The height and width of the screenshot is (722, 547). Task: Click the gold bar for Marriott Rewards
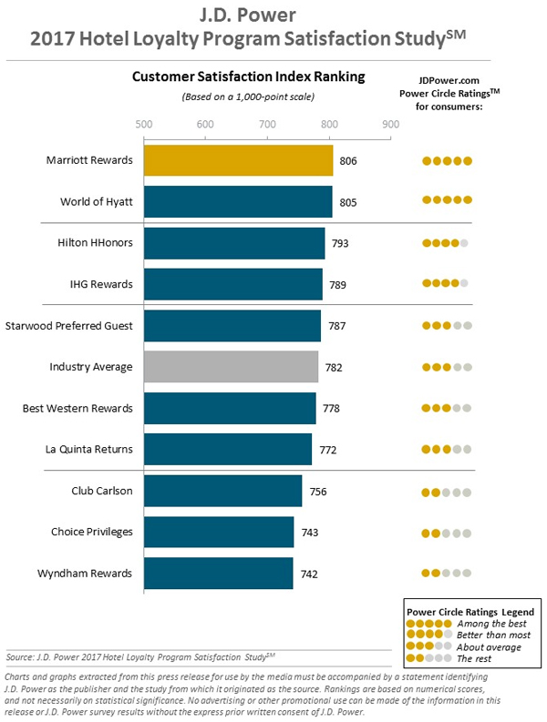(x=238, y=161)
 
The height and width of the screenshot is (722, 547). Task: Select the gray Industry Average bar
(x=231, y=367)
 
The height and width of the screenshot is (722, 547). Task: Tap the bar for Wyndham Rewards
(x=219, y=574)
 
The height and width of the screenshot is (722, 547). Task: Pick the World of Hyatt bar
(x=238, y=202)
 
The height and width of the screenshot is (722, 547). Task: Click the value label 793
(x=340, y=244)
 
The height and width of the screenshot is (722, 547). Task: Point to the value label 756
(x=317, y=492)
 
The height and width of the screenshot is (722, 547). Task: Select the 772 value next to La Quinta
(x=327, y=450)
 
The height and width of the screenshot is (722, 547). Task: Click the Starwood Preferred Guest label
(x=69, y=325)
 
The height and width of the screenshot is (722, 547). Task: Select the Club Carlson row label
(x=102, y=491)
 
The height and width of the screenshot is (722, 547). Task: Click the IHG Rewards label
(x=102, y=284)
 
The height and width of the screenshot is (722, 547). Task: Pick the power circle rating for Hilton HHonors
(x=446, y=243)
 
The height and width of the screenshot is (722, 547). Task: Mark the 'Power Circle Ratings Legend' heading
(x=470, y=611)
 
